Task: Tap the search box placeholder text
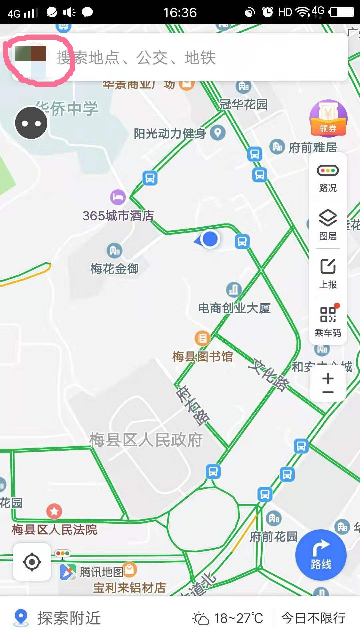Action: pyautogui.click(x=136, y=58)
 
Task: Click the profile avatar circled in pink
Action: pyautogui.click(x=31, y=60)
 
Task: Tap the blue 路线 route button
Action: pyautogui.click(x=321, y=555)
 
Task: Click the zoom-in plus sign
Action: pyautogui.click(x=328, y=378)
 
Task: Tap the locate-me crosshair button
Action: pyautogui.click(x=32, y=562)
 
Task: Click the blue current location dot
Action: pyautogui.click(x=210, y=239)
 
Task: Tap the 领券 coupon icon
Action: pyautogui.click(x=328, y=119)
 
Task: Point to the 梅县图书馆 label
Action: pyautogui.click(x=202, y=357)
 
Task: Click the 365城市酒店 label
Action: pyautogui.click(x=118, y=216)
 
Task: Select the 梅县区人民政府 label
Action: pyautogui.click(x=146, y=440)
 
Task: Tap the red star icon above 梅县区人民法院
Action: pyautogui.click(x=54, y=511)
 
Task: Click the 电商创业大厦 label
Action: pyautogui.click(x=234, y=308)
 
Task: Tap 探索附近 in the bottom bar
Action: pyautogui.click(x=68, y=618)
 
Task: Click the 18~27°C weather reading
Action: pyautogui.click(x=238, y=618)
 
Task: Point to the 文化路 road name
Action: pyautogui.click(x=269, y=375)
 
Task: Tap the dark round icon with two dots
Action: pyautogui.click(x=31, y=123)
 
